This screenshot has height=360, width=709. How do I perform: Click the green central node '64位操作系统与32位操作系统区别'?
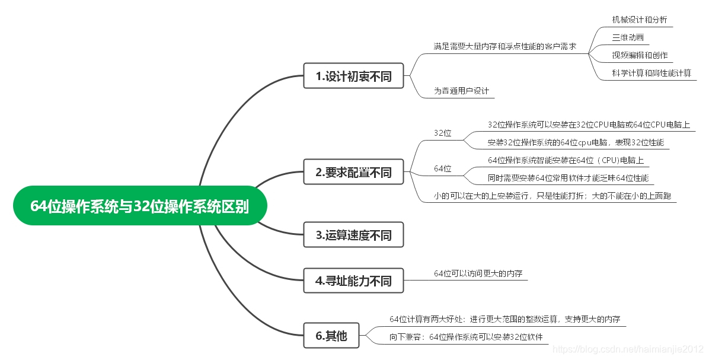140,206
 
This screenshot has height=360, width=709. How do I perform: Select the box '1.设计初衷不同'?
353,76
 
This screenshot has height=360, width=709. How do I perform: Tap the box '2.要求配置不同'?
353,172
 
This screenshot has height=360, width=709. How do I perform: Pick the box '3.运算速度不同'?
353,235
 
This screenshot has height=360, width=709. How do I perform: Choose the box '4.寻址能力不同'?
353,281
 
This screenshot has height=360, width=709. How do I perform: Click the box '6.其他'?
331,336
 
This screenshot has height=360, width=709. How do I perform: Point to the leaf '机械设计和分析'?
639,20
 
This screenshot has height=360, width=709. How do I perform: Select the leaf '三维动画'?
628,37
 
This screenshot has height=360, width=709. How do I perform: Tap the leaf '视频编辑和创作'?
640,55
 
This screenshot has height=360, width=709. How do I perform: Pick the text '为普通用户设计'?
461,91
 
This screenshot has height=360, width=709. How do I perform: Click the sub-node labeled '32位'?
442,133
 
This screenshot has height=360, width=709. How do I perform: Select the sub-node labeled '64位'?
442,169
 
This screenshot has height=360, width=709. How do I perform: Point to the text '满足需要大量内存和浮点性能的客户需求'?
504,46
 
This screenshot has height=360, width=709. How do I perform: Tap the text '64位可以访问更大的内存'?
478,273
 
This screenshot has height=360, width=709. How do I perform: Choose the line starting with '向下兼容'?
466,337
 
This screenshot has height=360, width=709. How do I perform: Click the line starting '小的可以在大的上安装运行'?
552,196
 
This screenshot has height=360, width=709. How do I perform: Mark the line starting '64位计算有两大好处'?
504,319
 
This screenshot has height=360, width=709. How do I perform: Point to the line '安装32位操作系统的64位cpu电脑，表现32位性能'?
576,142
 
